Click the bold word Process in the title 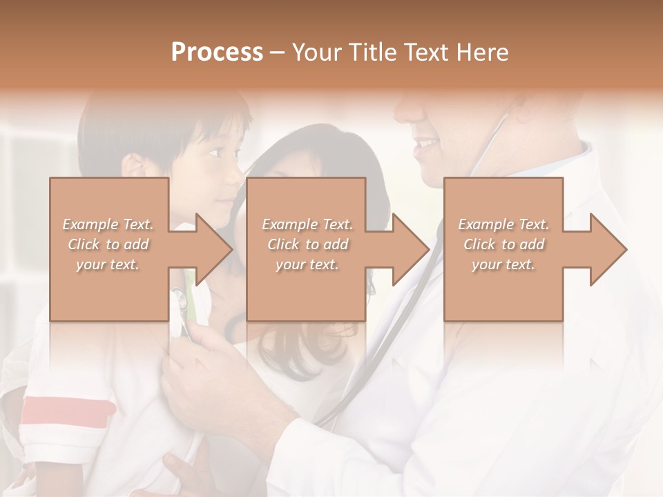217,52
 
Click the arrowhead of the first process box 213,249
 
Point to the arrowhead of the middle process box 410,249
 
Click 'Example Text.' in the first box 108,224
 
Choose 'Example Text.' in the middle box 307,224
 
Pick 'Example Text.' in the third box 503,224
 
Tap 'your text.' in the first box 108,264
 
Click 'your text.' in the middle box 307,264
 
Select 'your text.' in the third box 503,264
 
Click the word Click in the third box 479,244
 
